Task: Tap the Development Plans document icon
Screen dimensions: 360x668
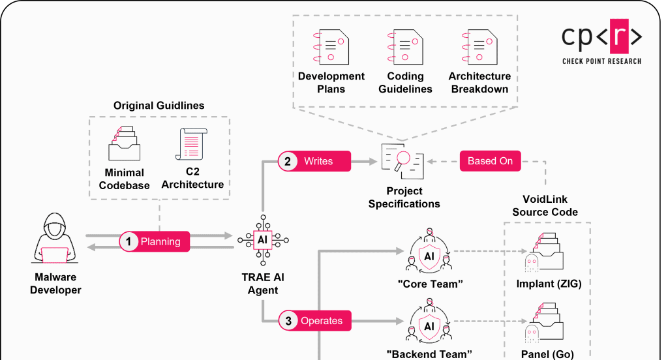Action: pos(331,46)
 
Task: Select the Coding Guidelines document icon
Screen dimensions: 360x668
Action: pos(405,46)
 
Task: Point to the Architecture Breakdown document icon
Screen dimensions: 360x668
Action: pos(479,46)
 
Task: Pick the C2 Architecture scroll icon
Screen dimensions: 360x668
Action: pos(191,144)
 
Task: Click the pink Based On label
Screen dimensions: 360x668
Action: pos(490,161)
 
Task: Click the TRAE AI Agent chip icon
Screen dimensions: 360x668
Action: pos(263,240)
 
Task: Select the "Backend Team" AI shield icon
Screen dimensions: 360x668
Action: pos(429,323)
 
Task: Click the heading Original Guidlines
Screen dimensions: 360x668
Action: pos(159,106)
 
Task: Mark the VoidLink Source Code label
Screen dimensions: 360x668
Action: pos(545,205)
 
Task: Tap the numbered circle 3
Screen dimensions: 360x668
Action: pos(288,320)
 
